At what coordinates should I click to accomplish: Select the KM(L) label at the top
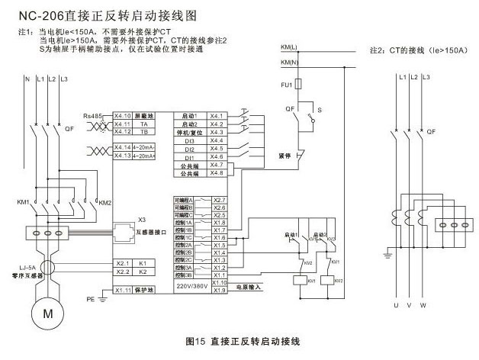[288, 48]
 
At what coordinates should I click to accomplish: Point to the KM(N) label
[288, 61]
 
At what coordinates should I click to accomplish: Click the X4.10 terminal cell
[123, 115]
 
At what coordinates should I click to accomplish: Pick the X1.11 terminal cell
[123, 291]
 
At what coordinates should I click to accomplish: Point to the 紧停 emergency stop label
[286, 153]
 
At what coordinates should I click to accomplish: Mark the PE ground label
[89, 299]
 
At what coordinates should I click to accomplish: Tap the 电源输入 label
[246, 287]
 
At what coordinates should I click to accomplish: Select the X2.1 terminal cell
[123, 262]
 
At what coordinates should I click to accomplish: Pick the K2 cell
[143, 272]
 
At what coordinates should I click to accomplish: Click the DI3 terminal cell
[190, 140]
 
